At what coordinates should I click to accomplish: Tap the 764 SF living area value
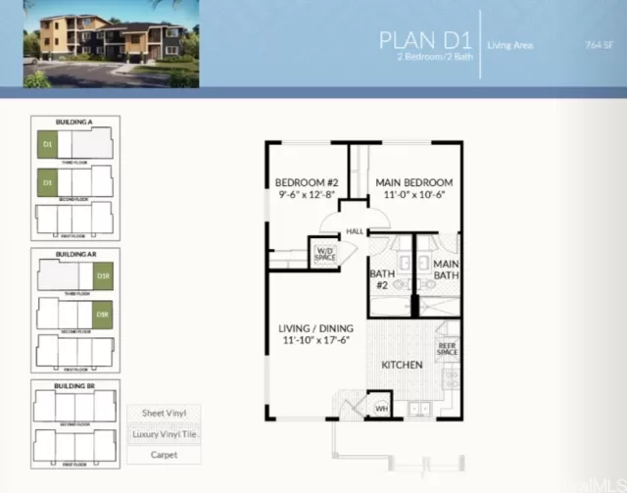coord(597,44)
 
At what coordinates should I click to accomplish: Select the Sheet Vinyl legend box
coord(163,414)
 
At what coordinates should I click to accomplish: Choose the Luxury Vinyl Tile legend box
coord(163,434)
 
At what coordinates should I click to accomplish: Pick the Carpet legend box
coord(163,455)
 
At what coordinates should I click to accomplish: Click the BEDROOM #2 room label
coord(306,183)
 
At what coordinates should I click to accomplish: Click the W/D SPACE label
coord(324,253)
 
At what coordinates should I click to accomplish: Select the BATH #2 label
coord(381,279)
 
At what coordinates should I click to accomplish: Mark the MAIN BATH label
coord(447,270)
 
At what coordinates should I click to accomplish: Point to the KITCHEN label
coord(402,365)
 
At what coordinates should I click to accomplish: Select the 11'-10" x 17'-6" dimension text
coord(315,340)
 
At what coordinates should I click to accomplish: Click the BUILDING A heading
coord(75,122)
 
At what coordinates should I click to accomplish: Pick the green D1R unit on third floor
coord(102,277)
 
